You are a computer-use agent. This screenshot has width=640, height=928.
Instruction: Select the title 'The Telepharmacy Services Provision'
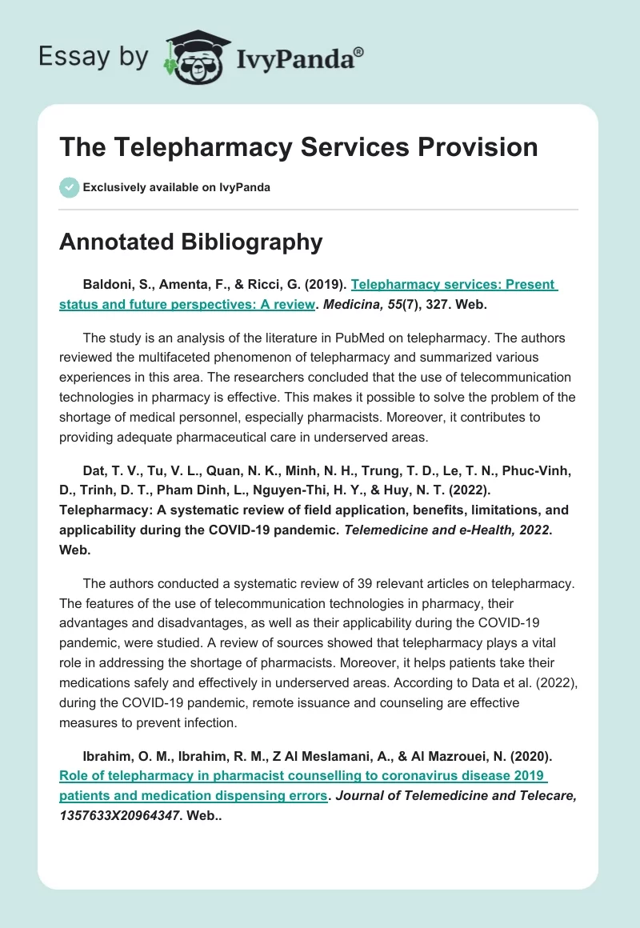pos(298,147)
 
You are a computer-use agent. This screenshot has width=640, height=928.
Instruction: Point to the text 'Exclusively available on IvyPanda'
pos(177,187)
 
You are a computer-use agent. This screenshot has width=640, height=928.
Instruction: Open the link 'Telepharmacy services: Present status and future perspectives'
pos(454,284)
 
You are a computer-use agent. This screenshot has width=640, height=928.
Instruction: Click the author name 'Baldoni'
pos(106,284)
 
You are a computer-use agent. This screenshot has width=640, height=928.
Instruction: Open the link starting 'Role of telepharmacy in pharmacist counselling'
pos(302,775)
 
